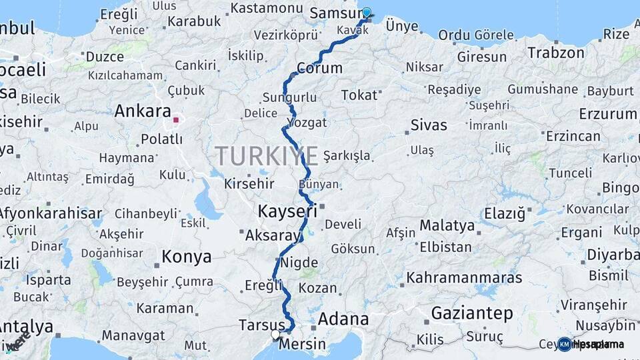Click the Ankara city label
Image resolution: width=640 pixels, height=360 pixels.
tap(143, 111)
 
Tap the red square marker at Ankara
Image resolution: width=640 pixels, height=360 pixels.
tap(176, 121)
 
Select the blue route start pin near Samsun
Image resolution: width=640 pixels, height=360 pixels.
tap(366, 12)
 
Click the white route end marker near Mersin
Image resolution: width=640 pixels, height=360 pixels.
tap(275, 333)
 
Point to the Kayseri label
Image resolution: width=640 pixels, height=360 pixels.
tap(287, 213)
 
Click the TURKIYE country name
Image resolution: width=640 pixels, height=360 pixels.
tap(266, 157)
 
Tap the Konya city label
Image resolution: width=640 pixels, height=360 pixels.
tap(187, 257)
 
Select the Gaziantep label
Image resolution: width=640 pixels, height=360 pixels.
tap(472, 313)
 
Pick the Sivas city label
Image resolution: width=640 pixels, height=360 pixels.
tap(429, 125)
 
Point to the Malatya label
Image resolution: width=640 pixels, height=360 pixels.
tap(447, 225)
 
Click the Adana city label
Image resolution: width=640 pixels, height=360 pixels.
tap(343, 319)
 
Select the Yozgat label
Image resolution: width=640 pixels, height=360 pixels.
tap(307, 123)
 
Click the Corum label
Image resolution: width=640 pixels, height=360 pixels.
tap(319, 68)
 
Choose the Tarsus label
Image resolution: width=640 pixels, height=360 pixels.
tap(261, 325)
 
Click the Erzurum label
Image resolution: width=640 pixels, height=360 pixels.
tap(608, 113)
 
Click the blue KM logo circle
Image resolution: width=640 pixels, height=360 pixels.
tap(565, 344)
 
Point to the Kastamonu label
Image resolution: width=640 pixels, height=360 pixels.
tap(267, 9)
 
